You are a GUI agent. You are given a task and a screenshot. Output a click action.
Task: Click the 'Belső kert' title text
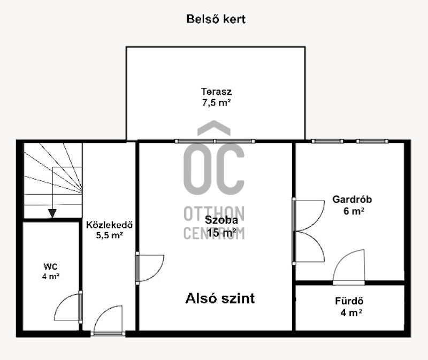pos(216,19)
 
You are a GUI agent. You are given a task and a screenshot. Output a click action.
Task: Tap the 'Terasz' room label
pos(217,91)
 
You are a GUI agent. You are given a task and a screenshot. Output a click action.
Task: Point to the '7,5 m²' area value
pos(217,103)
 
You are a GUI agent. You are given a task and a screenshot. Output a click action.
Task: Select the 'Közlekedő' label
pos(110,225)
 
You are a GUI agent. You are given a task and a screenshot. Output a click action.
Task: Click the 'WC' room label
pos(50,266)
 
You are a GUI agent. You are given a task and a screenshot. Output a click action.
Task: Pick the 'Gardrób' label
pos(352,199)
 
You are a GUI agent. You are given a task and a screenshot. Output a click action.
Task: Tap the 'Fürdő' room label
pos(349,301)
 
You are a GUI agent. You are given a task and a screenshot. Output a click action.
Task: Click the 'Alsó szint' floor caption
pos(220,298)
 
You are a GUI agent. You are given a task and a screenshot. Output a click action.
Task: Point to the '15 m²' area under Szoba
pos(221,233)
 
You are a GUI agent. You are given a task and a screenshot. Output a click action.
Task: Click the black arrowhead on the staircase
pos(52,213)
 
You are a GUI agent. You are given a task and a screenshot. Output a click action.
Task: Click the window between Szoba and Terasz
pos(215,141)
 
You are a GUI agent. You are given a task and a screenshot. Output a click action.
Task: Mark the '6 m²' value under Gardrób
pos(354,211)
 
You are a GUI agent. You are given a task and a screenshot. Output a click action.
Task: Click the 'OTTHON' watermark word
pos(214,213)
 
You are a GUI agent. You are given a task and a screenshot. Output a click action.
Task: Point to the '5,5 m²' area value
pos(110,235)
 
